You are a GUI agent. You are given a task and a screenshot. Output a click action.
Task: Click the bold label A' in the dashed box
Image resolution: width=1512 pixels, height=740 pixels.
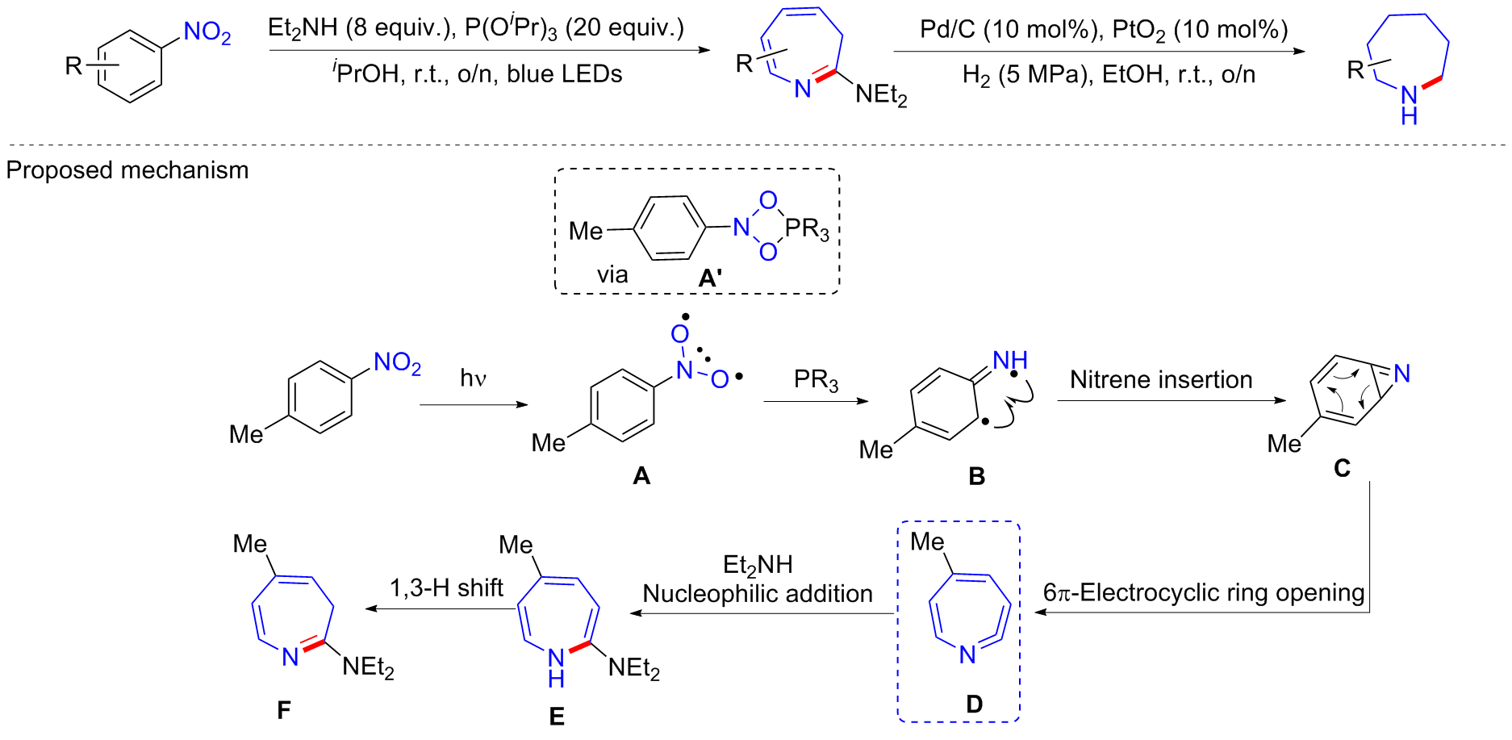[710, 278]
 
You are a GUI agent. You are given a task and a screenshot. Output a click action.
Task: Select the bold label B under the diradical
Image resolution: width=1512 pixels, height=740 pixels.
[976, 476]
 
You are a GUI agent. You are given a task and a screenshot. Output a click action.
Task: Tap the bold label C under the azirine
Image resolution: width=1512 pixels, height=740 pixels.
[1342, 468]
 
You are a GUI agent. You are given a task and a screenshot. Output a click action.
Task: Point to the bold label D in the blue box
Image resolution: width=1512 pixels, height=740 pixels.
[974, 704]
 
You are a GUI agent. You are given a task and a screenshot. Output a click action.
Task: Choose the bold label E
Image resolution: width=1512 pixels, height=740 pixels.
[557, 716]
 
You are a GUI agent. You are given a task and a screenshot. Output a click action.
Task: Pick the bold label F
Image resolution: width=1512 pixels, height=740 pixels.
[283, 709]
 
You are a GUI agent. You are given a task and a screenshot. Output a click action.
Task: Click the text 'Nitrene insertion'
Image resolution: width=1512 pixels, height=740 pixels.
[1161, 379]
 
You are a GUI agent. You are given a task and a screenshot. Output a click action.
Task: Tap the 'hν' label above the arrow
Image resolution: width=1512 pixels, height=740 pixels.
[473, 378]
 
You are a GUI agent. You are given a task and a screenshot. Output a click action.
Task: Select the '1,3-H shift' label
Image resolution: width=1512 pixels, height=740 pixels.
[446, 587]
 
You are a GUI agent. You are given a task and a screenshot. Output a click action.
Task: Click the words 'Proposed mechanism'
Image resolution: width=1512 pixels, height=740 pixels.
[127, 170]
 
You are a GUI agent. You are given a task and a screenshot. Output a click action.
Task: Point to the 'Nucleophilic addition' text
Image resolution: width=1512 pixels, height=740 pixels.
[758, 594]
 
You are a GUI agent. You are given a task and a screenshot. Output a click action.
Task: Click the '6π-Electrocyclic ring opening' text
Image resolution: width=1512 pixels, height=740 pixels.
[1204, 592]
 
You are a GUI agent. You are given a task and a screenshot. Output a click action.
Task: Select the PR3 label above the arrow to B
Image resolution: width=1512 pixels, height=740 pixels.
[816, 380]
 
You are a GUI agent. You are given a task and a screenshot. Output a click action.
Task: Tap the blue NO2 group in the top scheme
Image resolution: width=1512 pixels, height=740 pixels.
[207, 33]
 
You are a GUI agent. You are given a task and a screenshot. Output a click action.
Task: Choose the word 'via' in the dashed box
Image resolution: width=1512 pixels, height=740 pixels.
[612, 275]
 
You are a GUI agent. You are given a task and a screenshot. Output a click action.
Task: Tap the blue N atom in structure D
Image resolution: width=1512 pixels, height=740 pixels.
[968, 654]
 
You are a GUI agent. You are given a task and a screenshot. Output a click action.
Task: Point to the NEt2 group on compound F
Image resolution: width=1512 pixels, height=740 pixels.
[368, 667]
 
